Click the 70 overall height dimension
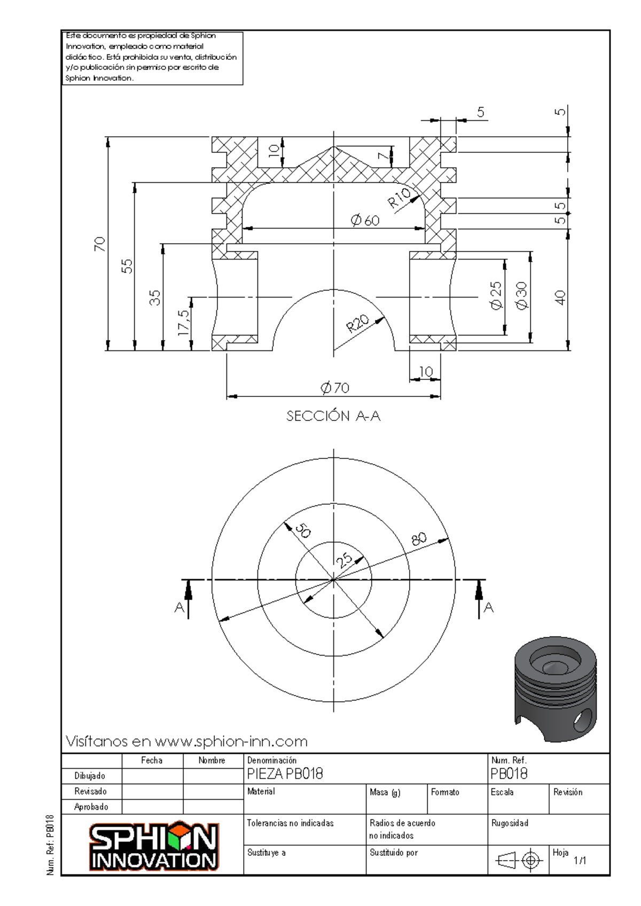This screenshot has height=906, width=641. tap(99, 244)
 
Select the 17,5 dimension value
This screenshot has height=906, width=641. tap(183, 323)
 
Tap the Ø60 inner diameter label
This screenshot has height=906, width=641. tap(365, 220)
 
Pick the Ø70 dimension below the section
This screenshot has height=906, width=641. tap(335, 388)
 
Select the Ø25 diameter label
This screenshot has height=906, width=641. tap(496, 295)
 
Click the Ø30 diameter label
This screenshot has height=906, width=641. tap(521, 296)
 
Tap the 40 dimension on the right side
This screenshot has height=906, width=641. tap(559, 298)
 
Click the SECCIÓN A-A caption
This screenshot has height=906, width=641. tap(333, 416)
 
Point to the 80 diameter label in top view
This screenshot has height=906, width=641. tap(419, 539)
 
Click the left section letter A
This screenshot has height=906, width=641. tap(179, 607)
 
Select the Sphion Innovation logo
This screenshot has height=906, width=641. tap(154, 845)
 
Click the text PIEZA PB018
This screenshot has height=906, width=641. tap(285, 774)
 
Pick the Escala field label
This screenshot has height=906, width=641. tap(502, 792)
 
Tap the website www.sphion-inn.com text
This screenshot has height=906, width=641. tap(231, 741)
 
